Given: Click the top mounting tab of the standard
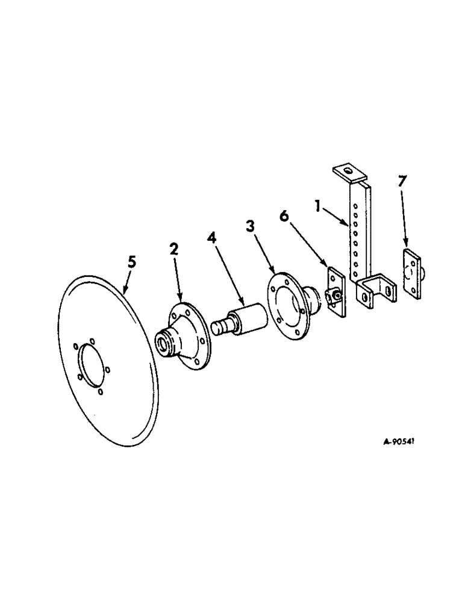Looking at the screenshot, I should point(348,173).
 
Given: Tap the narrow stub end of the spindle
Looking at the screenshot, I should point(219,327).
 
